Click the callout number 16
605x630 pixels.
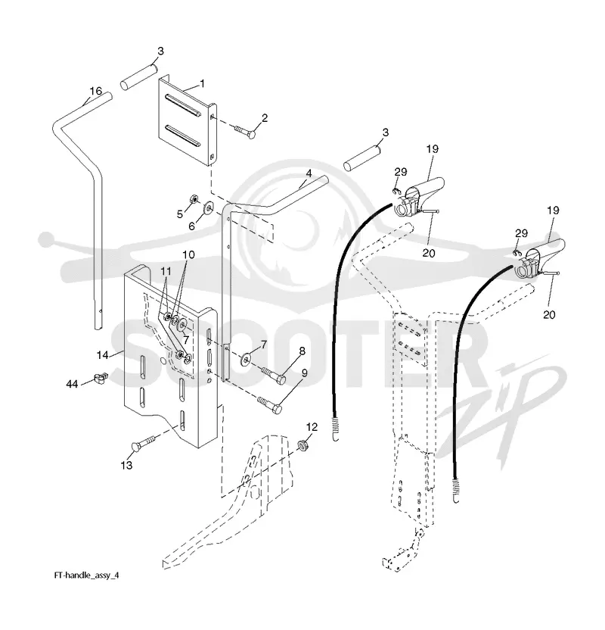(96, 91)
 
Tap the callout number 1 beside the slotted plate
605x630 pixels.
(202, 83)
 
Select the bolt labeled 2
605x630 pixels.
(244, 131)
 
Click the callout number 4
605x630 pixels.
(309, 173)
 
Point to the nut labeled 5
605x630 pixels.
(193, 199)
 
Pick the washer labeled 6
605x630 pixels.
(209, 207)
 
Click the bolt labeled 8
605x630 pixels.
(274, 374)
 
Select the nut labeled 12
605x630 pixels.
(303, 444)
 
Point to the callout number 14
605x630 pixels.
(103, 355)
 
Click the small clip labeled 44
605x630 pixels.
(101, 378)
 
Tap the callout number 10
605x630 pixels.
(188, 254)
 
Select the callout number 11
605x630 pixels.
(166, 272)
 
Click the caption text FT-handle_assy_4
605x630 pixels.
(87, 575)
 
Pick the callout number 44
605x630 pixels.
(72, 385)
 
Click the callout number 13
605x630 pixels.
(126, 465)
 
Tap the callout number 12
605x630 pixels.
(312, 427)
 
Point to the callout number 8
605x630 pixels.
(302, 351)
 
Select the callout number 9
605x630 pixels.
(305, 373)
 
